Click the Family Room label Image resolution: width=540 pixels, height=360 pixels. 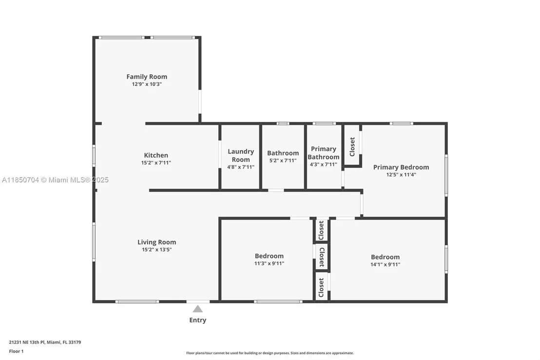point(147,77)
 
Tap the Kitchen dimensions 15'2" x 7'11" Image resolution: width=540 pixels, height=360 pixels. point(156,163)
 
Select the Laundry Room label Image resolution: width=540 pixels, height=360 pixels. point(241,156)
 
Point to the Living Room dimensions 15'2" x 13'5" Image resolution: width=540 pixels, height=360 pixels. point(157,250)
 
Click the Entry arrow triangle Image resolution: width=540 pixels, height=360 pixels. point(198,309)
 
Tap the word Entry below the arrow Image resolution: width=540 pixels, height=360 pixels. point(198,320)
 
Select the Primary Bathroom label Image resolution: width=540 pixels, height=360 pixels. point(324,153)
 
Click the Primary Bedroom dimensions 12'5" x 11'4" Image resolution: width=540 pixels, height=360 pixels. point(401,175)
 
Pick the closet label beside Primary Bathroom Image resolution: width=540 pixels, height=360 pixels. point(352,146)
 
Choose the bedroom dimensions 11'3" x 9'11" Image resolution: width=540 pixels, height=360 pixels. point(270,263)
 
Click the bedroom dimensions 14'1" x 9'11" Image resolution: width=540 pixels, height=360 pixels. point(386,264)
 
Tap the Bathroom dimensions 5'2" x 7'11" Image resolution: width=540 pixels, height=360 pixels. point(283,160)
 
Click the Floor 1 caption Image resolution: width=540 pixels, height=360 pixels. point(16,351)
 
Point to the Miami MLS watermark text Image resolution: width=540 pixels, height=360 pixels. point(55,180)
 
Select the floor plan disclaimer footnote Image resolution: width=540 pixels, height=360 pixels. point(270,353)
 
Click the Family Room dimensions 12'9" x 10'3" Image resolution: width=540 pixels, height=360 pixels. point(147,84)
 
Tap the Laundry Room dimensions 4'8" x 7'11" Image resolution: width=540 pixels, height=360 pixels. point(241,167)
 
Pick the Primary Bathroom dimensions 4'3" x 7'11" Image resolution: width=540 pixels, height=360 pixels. point(324,164)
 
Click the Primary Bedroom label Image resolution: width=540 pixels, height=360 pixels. point(401,167)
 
